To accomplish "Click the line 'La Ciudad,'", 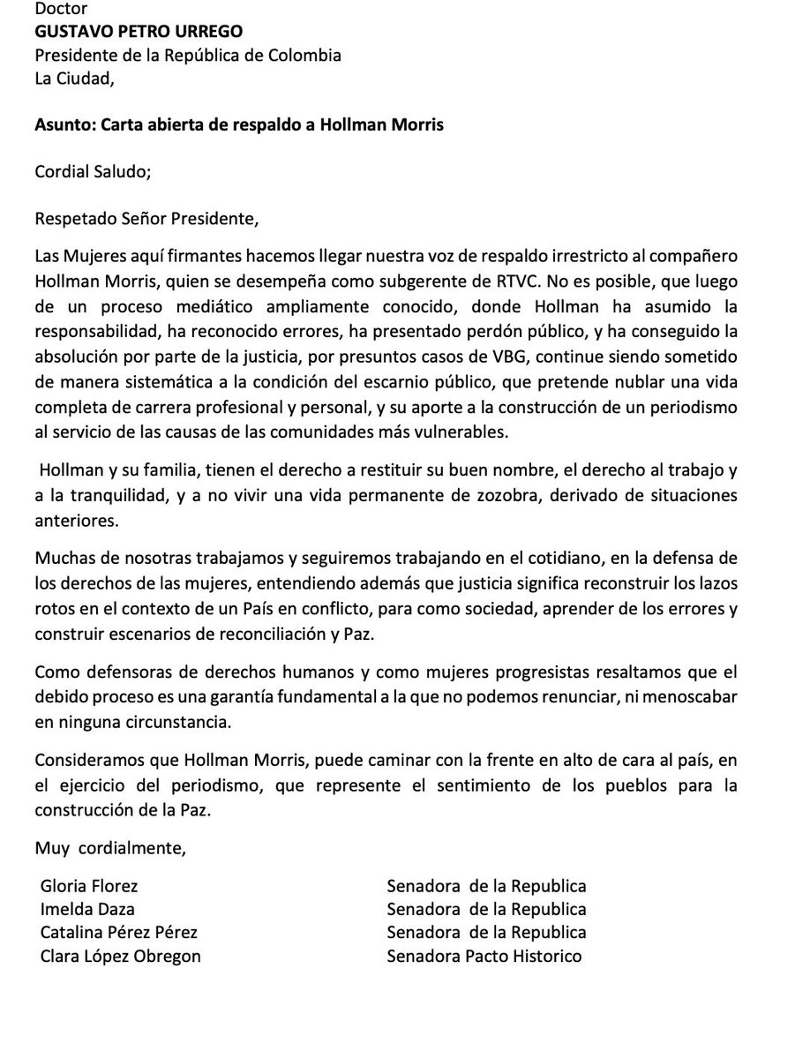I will (74, 79).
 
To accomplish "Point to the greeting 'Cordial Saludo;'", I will (93, 171).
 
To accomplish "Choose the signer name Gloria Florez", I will (89, 886).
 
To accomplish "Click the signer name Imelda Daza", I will (87, 909).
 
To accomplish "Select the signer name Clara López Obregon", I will (121, 956).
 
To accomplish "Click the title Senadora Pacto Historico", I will (484, 956).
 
